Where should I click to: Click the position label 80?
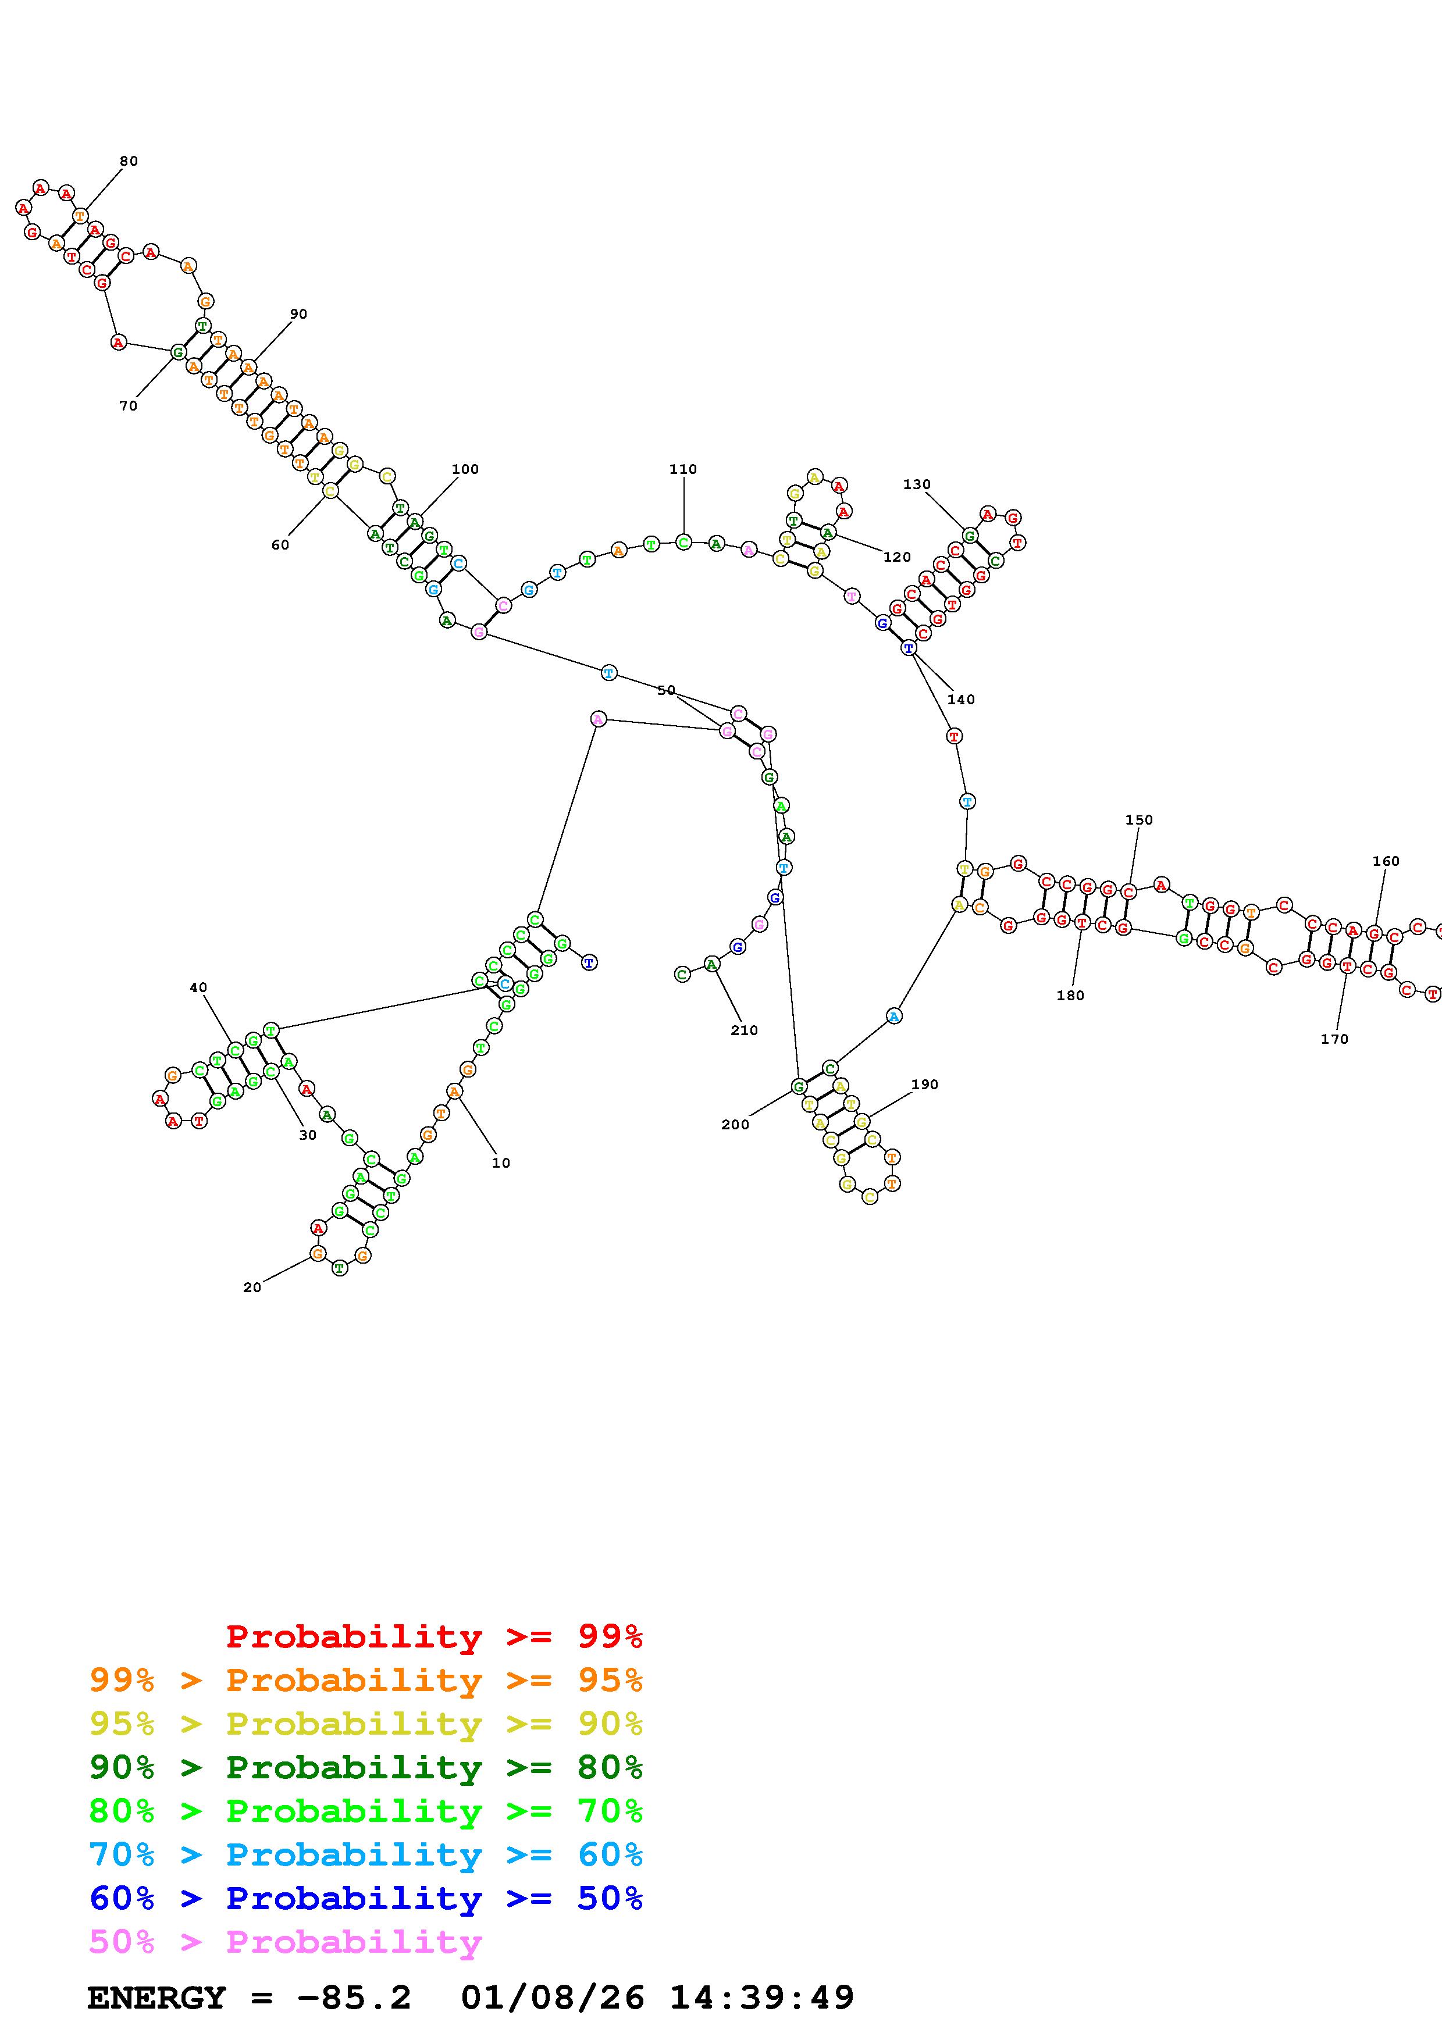pyautogui.click(x=129, y=161)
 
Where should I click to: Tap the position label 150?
pyautogui.click(x=1138, y=820)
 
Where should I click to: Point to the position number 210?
pyautogui.click(x=743, y=1030)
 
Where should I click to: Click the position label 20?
pyautogui.click(x=252, y=1288)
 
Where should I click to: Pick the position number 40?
pyautogui.click(x=198, y=987)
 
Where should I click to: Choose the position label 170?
pyautogui.click(x=1334, y=1039)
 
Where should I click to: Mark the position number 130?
pyautogui.click(x=916, y=484)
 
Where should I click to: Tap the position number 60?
pyautogui.click(x=280, y=545)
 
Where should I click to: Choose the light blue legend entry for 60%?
pyautogui.click(x=365, y=1854)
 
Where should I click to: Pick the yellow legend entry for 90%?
pyautogui.click(x=365, y=1724)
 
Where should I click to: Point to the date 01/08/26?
pyautogui.click(x=553, y=1998)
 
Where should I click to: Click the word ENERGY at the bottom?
pyautogui.click(x=156, y=1998)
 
